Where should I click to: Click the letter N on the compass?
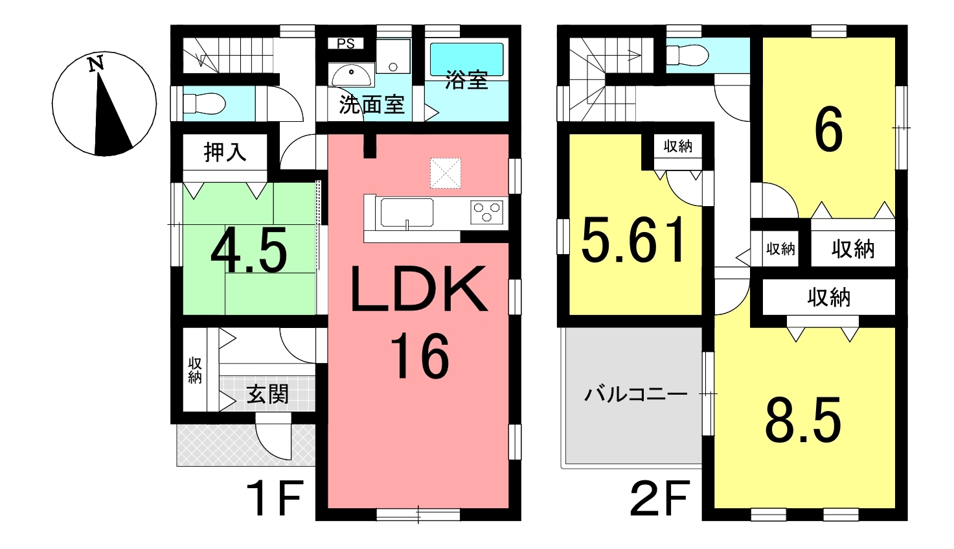96,64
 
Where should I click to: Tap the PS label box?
345,43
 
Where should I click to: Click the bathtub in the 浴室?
466,59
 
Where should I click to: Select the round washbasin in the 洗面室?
351,76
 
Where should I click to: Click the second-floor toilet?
687,55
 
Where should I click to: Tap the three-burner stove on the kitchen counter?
486,212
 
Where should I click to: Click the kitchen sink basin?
407,213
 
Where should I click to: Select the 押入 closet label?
225,152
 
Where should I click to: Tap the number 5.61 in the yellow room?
633,239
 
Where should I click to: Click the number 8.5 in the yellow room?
803,420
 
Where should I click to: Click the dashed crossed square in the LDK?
446,172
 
